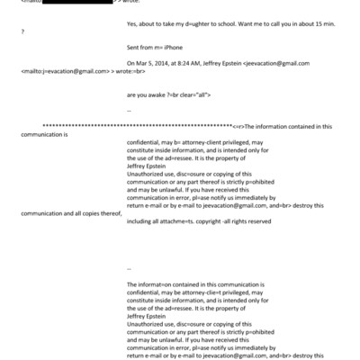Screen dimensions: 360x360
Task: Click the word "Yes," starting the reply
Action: pyautogui.click(x=135, y=27)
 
